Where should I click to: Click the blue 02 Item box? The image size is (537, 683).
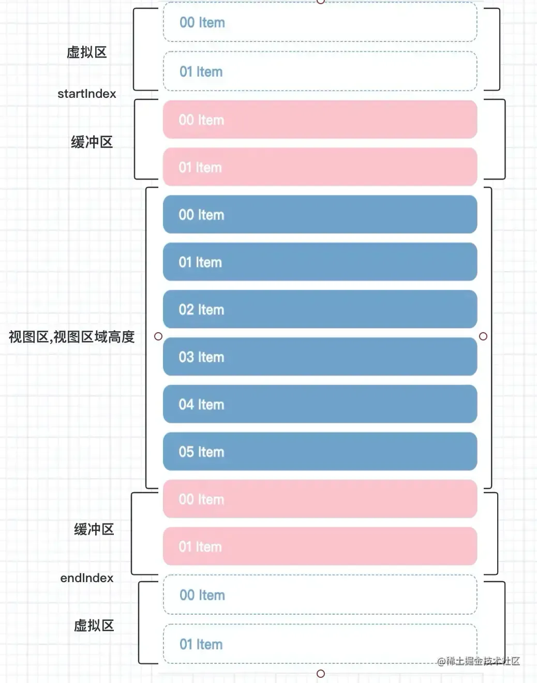pyautogui.click(x=320, y=309)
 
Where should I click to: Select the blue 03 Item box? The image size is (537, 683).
pyautogui.click(x=320, y=357)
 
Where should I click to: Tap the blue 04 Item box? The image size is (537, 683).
pyautogui.click(x=320, y=404)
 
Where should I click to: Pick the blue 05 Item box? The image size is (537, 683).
pyautogui.click(x=320, y=451)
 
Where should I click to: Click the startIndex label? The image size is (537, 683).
pyautogui.click(x=86, y=94)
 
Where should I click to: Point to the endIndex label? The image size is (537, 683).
pyautogui.click(x=86, y=578)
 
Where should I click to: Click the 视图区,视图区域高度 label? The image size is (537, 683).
pyautogui.click(x=72, y=337)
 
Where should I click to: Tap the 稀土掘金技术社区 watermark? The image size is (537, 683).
pyautogui.click(x=479, y=661)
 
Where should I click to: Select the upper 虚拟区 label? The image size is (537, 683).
pyautogui.click(x=86, y=52)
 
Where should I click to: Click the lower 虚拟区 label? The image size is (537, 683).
pyautogui.click(x=94, y=626)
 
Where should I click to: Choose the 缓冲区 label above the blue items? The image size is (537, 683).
pyautogui.click(x=92, y=142)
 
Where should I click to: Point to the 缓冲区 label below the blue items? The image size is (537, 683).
pyautogui.click(x=94, y=529)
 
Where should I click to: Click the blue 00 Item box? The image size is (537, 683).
pyautogui.click(x=320, y=214)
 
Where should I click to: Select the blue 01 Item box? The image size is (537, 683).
pyautogui.click(x=320, y=262)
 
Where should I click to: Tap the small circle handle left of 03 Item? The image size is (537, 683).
pyautogui.click(x=158, y=336)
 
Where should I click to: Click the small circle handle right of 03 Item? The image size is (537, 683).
pyautogui.click(x=483, y=336)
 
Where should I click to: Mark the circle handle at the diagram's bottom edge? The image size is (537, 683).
pyautogui.click(x=321, y=674)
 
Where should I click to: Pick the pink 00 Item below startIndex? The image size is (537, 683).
pyautogui.click(x=320, y=120)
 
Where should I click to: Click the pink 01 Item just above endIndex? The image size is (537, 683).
pyautogui.click(x=320, y=546)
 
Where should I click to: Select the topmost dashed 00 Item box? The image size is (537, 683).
pyautogui.click(x=320, y=22)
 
